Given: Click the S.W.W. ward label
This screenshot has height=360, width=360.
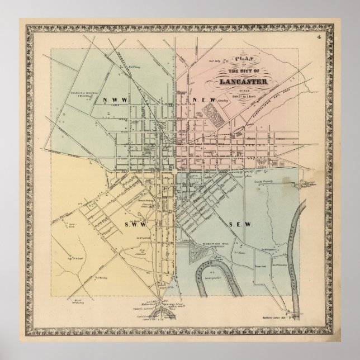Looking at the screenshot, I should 127,225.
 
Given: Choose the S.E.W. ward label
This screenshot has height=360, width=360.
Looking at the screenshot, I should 241,224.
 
